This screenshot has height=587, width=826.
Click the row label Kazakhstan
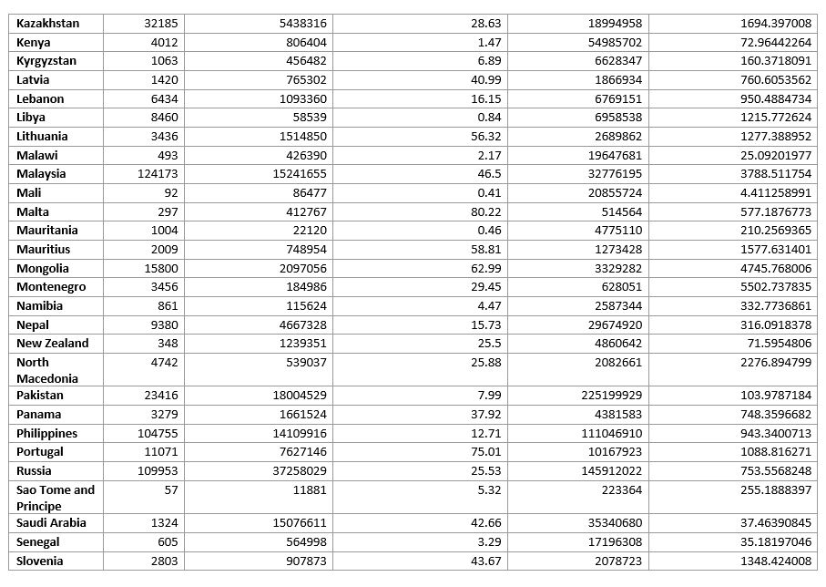coord(48,24)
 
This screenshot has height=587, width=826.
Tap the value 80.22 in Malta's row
coord(482,211)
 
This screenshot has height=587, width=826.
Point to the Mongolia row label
coord(43,269)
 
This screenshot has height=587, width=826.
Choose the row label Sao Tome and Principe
coord(56,498)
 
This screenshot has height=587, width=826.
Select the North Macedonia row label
coord(47,370)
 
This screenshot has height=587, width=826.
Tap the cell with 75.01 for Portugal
coord(483,452)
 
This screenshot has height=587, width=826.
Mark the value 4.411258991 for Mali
coord(768,193)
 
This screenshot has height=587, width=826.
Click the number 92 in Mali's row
coord(170,193)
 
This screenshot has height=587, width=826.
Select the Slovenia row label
coord(40,561)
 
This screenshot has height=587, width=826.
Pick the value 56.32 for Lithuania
coord(482,137)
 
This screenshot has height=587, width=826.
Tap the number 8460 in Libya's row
coord(164,118)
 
